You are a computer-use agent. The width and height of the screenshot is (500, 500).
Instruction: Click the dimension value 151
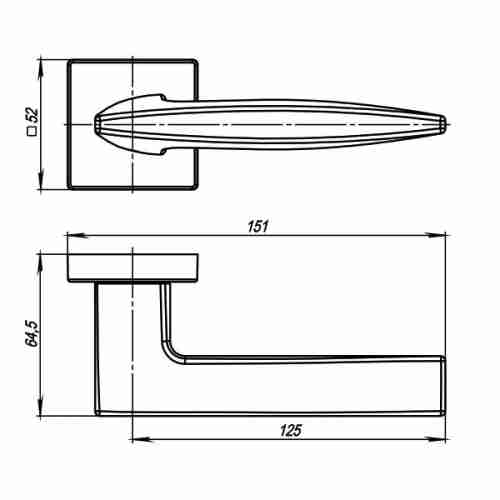(257, 226)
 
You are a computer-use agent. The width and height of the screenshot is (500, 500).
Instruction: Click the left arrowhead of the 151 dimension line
(71, 236)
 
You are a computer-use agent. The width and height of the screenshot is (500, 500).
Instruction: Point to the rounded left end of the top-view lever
(96, 124)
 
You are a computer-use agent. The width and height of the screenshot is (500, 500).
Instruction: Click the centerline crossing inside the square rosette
(133, 124)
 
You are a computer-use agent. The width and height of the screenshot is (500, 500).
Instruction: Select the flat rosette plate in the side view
(133, 266)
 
